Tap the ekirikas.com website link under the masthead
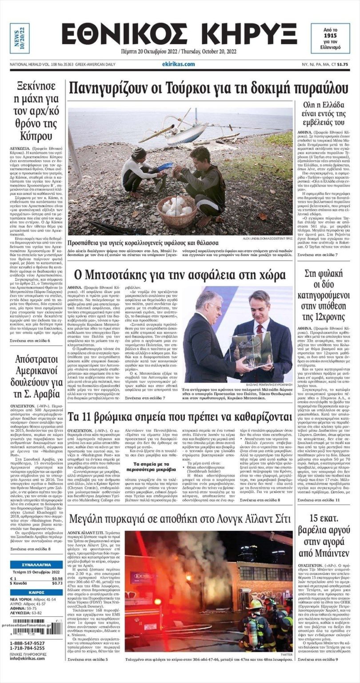pos(178,64)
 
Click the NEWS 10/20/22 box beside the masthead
pos(20,38)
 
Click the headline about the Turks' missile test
pos(209,88)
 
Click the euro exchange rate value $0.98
pos(57,579)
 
